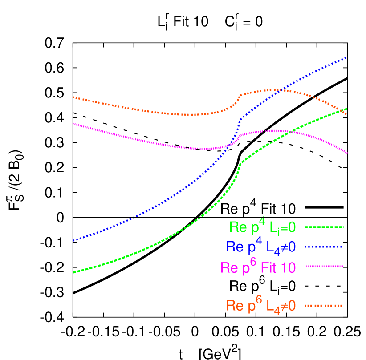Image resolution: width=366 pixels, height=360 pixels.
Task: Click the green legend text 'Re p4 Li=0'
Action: click(262, 227)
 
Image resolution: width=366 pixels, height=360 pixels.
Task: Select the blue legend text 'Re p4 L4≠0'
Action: click(260, 247)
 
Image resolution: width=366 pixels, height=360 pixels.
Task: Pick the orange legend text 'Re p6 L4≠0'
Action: click(260, 306)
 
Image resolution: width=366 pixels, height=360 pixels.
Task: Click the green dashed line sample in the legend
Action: click(324, 227)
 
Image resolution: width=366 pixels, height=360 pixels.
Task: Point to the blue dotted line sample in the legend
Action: click(324, 247)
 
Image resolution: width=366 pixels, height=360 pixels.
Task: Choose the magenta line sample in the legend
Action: click(324, 266)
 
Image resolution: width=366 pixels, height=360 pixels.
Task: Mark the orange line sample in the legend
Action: click(324, 305)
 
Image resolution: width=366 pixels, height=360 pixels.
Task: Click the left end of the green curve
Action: click(74, 272)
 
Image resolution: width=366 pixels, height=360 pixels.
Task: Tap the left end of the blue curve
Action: click(74, 241)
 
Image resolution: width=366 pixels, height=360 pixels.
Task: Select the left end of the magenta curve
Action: click(74, 124)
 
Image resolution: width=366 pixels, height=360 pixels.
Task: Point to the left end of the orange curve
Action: click(74, 97)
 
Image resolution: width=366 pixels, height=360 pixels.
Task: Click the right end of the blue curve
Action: click(346, 57)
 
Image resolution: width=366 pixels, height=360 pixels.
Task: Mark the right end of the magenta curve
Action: click(347, 153)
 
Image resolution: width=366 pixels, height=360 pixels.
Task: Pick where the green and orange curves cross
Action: click(344, 110)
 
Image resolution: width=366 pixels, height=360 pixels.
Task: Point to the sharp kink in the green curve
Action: click(240, 163)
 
